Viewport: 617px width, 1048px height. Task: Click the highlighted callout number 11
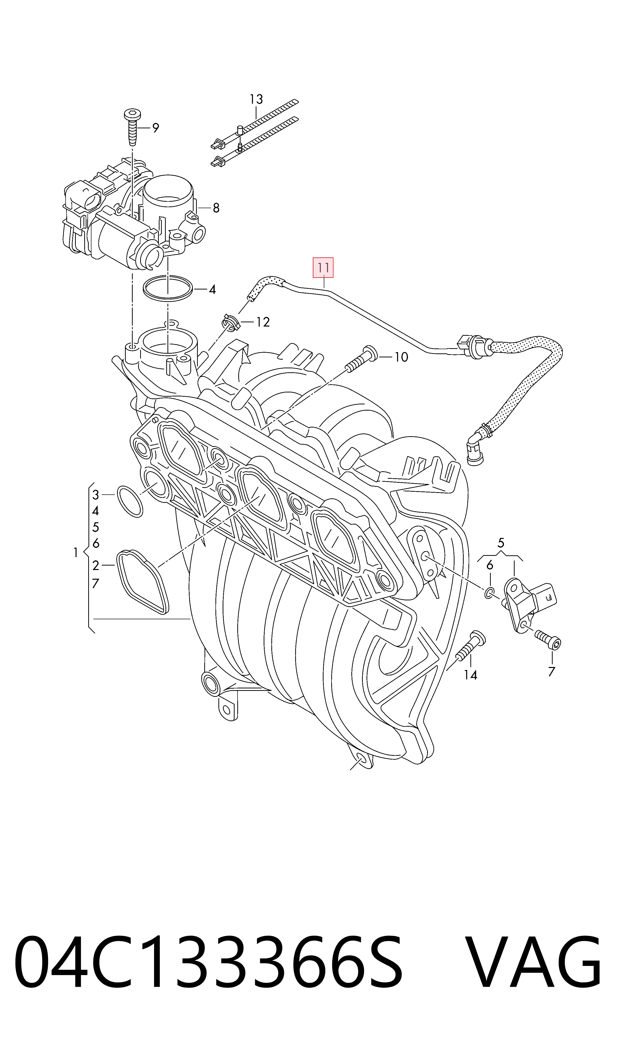pos(323,268)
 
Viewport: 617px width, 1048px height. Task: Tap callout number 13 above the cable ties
pos(256,99)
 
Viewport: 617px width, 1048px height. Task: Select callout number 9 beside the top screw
pos(156,128)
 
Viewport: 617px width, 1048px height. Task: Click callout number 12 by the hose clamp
pos(263,322)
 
